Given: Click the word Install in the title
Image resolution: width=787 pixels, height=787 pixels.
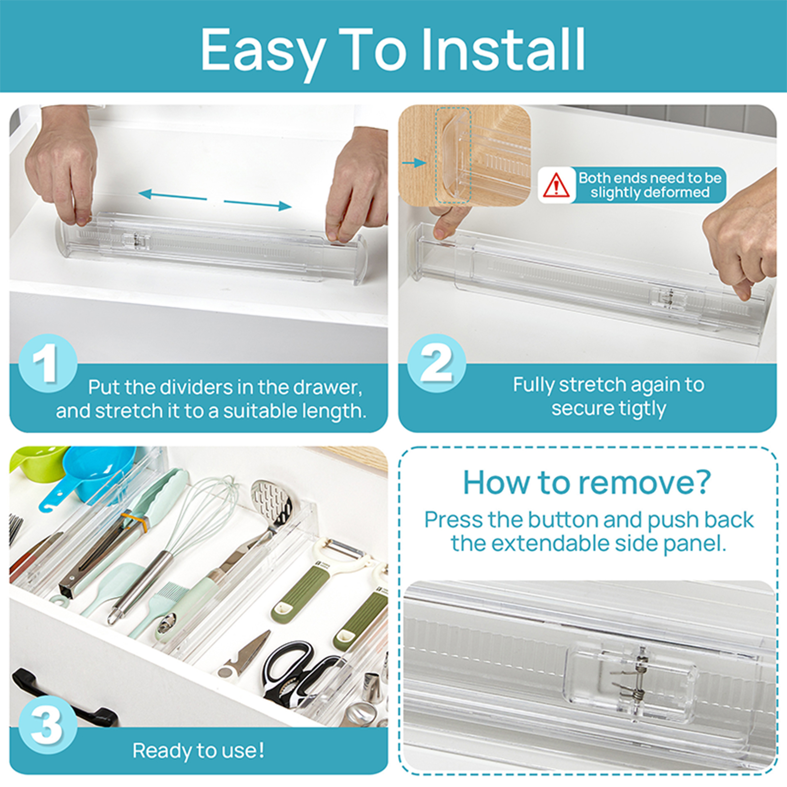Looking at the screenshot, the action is pyautogui.click(x=503, y=50).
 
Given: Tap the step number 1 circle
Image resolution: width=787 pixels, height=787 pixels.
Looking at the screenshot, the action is pyautogui.click(x=48, y=363).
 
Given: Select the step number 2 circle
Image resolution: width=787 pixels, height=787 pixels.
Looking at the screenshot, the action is pyautogui.click(x=436, y=363).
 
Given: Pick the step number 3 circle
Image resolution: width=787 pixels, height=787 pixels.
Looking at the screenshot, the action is pyautogui.click(x=48, y=724).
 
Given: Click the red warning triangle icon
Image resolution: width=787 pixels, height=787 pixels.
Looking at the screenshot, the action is pyautogui.click(x=556, y=185).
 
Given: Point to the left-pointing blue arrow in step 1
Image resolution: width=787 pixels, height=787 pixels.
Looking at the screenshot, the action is pyautogui.click(x=172, y=195).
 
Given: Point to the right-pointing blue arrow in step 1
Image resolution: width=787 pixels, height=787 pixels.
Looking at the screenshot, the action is pyautogui.click(x=258, y=204).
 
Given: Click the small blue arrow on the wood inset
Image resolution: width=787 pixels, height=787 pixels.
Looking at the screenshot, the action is pyautogui.click(x=414, y=162).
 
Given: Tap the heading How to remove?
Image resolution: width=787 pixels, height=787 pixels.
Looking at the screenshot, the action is pyautogui.click(x=587, y=483).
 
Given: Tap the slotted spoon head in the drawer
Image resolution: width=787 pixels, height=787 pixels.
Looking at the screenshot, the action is pyautogui.click(x=271, y=502).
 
